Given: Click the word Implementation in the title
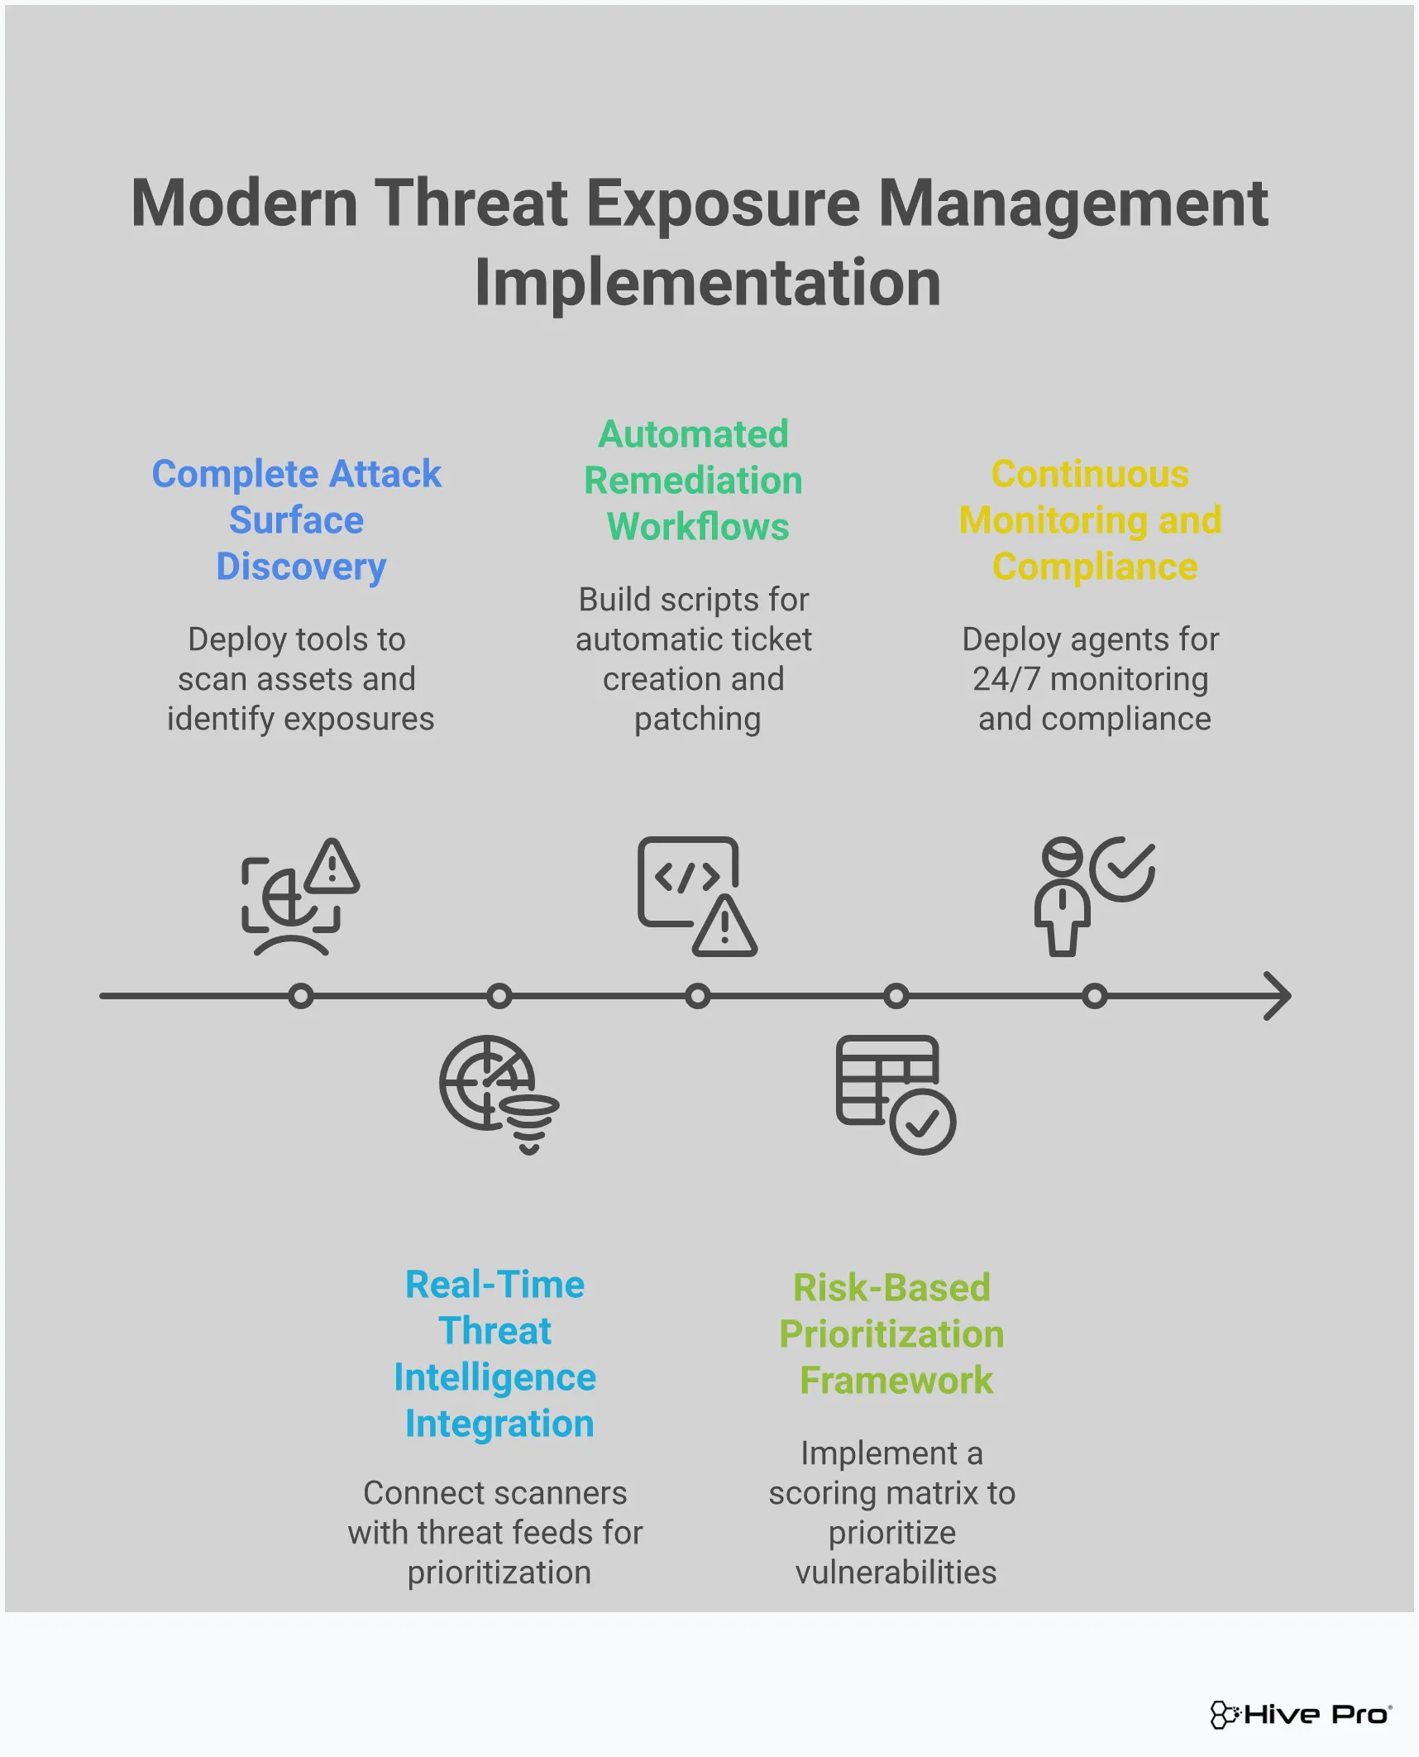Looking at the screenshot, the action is pos(708,283).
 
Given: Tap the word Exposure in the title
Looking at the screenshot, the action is pos(724,203).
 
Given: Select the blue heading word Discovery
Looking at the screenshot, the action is pos(301,567).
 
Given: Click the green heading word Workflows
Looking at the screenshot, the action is pos(698,527).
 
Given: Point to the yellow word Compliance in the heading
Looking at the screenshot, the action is pos(1095,567).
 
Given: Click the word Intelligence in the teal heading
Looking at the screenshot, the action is pos(494,1377).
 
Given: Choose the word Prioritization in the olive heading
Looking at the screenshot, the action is pos(891,1334).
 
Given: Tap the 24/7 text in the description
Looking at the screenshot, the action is pos(1006,679).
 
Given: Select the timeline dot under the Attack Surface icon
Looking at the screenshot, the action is pos(301,996).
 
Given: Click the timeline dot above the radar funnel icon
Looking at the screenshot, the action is pos(499,996).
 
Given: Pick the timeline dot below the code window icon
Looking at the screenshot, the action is pos(698,996).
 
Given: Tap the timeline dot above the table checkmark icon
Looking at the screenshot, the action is pos(896,996).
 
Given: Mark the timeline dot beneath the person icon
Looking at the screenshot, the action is pos(1095,996).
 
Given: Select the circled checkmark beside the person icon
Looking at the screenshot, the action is pos(1122,869).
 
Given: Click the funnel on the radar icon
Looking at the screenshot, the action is pos(529,1123).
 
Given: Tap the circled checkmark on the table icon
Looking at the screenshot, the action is pos(923,1122).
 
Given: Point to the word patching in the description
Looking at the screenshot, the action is pos(697,719).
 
